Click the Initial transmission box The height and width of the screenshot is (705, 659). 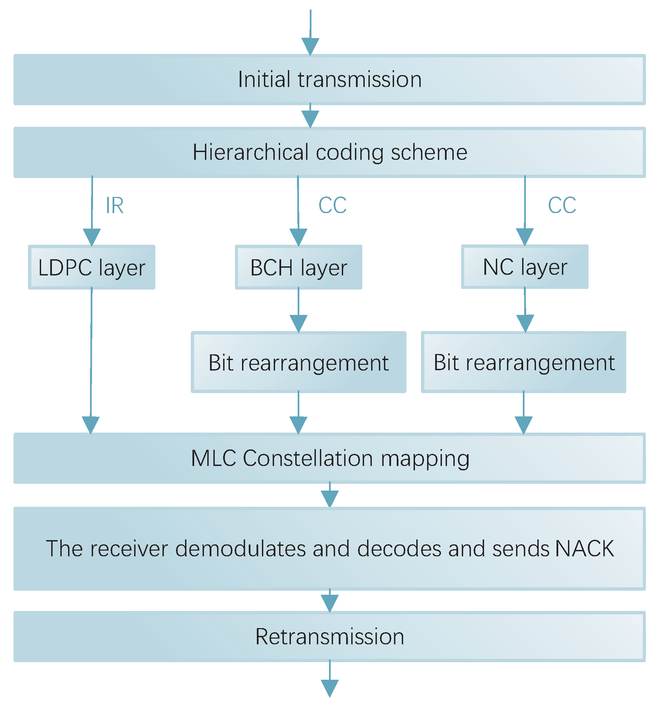click(x=329, y=80)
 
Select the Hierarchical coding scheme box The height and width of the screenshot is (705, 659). click(x=329, y=152)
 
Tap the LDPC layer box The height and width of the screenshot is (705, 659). click(x=91, y=267)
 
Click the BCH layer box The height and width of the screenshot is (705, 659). click(x=298, y=267)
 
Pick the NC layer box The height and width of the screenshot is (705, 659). click(x=525, y=267)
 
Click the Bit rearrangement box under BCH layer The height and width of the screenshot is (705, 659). click(x=298, y=362)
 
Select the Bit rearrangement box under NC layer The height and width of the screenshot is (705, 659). click(x=523, y=362)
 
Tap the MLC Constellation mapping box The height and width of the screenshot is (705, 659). click(x=329, y=458)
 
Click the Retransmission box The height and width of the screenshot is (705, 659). click(x=329, y=636)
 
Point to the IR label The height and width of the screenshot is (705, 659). click(x=115, y=205)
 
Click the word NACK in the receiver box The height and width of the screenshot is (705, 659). click(x=585, y=548)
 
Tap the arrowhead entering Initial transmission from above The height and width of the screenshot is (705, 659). click(x=310, y=46)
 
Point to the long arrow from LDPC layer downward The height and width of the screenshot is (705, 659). click(x=91, y=355)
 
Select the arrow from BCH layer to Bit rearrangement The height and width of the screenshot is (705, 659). click(x=298, y=311)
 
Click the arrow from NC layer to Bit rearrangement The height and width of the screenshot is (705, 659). click(x=525, y=311)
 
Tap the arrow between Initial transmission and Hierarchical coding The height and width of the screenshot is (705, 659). click(x=310, y=117)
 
